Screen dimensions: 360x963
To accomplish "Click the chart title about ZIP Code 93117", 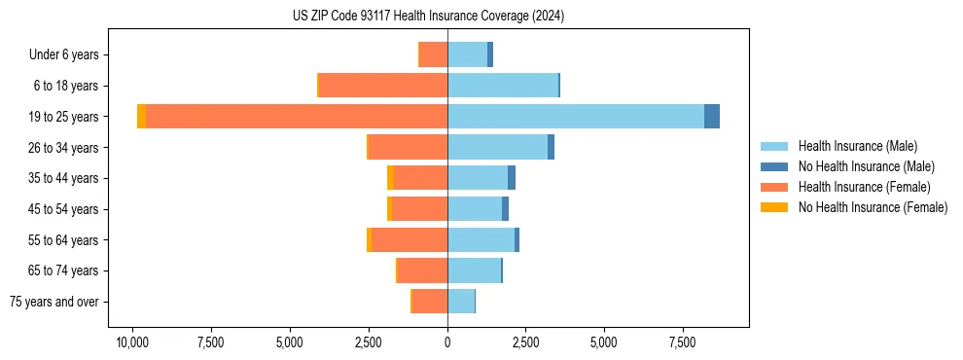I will [428, 17].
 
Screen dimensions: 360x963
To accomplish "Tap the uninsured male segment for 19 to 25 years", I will [712, 117].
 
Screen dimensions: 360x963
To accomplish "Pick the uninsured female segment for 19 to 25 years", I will [141, 117].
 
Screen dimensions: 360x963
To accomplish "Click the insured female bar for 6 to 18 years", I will [383, 86].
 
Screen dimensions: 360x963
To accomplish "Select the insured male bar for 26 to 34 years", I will [497, 148].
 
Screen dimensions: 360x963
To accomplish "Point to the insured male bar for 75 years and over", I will [461, 302].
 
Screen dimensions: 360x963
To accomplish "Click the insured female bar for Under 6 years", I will [433, 54].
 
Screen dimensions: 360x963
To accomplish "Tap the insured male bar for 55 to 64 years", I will [481, 240].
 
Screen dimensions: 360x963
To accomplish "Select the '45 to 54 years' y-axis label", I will [63, 209].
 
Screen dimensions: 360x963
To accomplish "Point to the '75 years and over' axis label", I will [54, 302].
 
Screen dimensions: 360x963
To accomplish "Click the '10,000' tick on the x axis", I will [132, 342].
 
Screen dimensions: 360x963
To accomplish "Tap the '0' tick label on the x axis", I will [447, 342].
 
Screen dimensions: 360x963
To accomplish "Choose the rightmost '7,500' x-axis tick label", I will [683, 342].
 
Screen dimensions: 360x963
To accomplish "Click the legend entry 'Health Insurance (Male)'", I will [857, 146].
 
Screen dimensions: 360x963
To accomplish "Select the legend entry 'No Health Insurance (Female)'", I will [873, 207].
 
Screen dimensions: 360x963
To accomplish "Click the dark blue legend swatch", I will [774, 166].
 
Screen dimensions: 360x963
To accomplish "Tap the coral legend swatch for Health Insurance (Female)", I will [774, 187].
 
